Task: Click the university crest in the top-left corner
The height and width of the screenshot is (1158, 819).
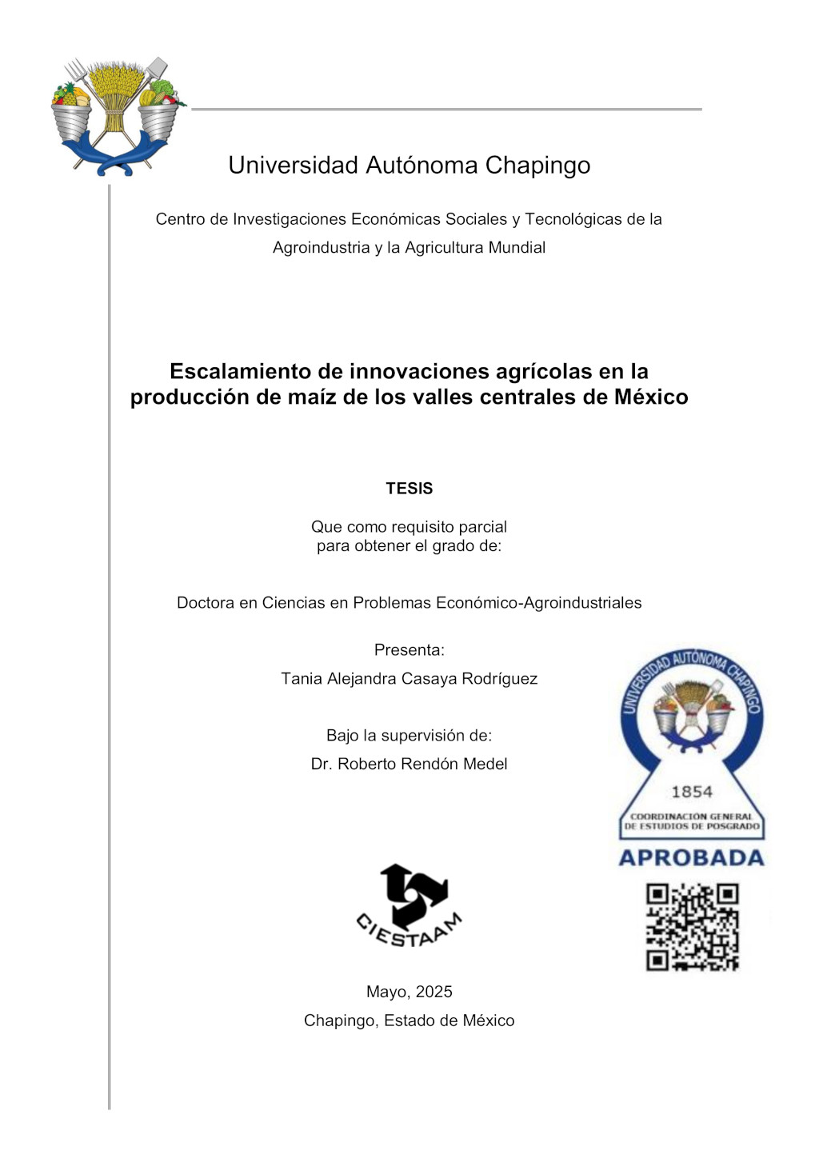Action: [x=117, y=117]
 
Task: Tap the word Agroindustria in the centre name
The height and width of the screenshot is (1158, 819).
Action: [x=321, y=248]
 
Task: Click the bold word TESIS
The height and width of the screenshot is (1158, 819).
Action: [x=409, y=489]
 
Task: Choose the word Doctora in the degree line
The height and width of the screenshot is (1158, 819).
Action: [x=206, y=603]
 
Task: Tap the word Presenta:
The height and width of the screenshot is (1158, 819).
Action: [x=409, y=650]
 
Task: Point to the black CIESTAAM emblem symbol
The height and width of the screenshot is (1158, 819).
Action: [x=413, y=893]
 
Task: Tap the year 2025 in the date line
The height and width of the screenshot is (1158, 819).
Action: [x=433, y=992]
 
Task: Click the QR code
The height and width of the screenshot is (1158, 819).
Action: [x=692, y=927]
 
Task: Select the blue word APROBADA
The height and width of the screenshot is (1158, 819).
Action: [x=691, y=858]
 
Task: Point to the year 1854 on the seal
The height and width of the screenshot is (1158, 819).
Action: [x=692, y=792]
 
